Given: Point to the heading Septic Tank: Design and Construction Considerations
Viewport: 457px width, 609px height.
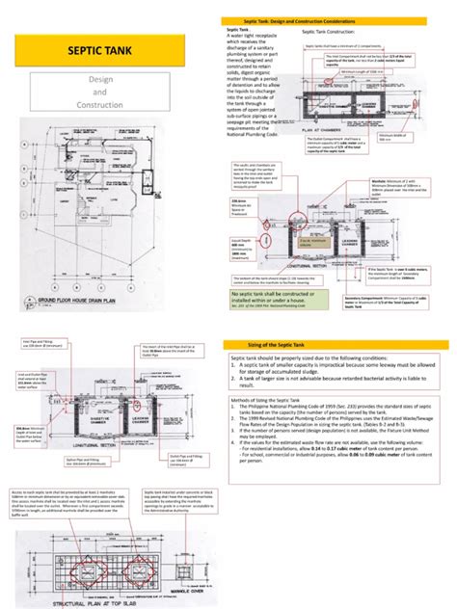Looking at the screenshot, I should pos(332,20).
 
